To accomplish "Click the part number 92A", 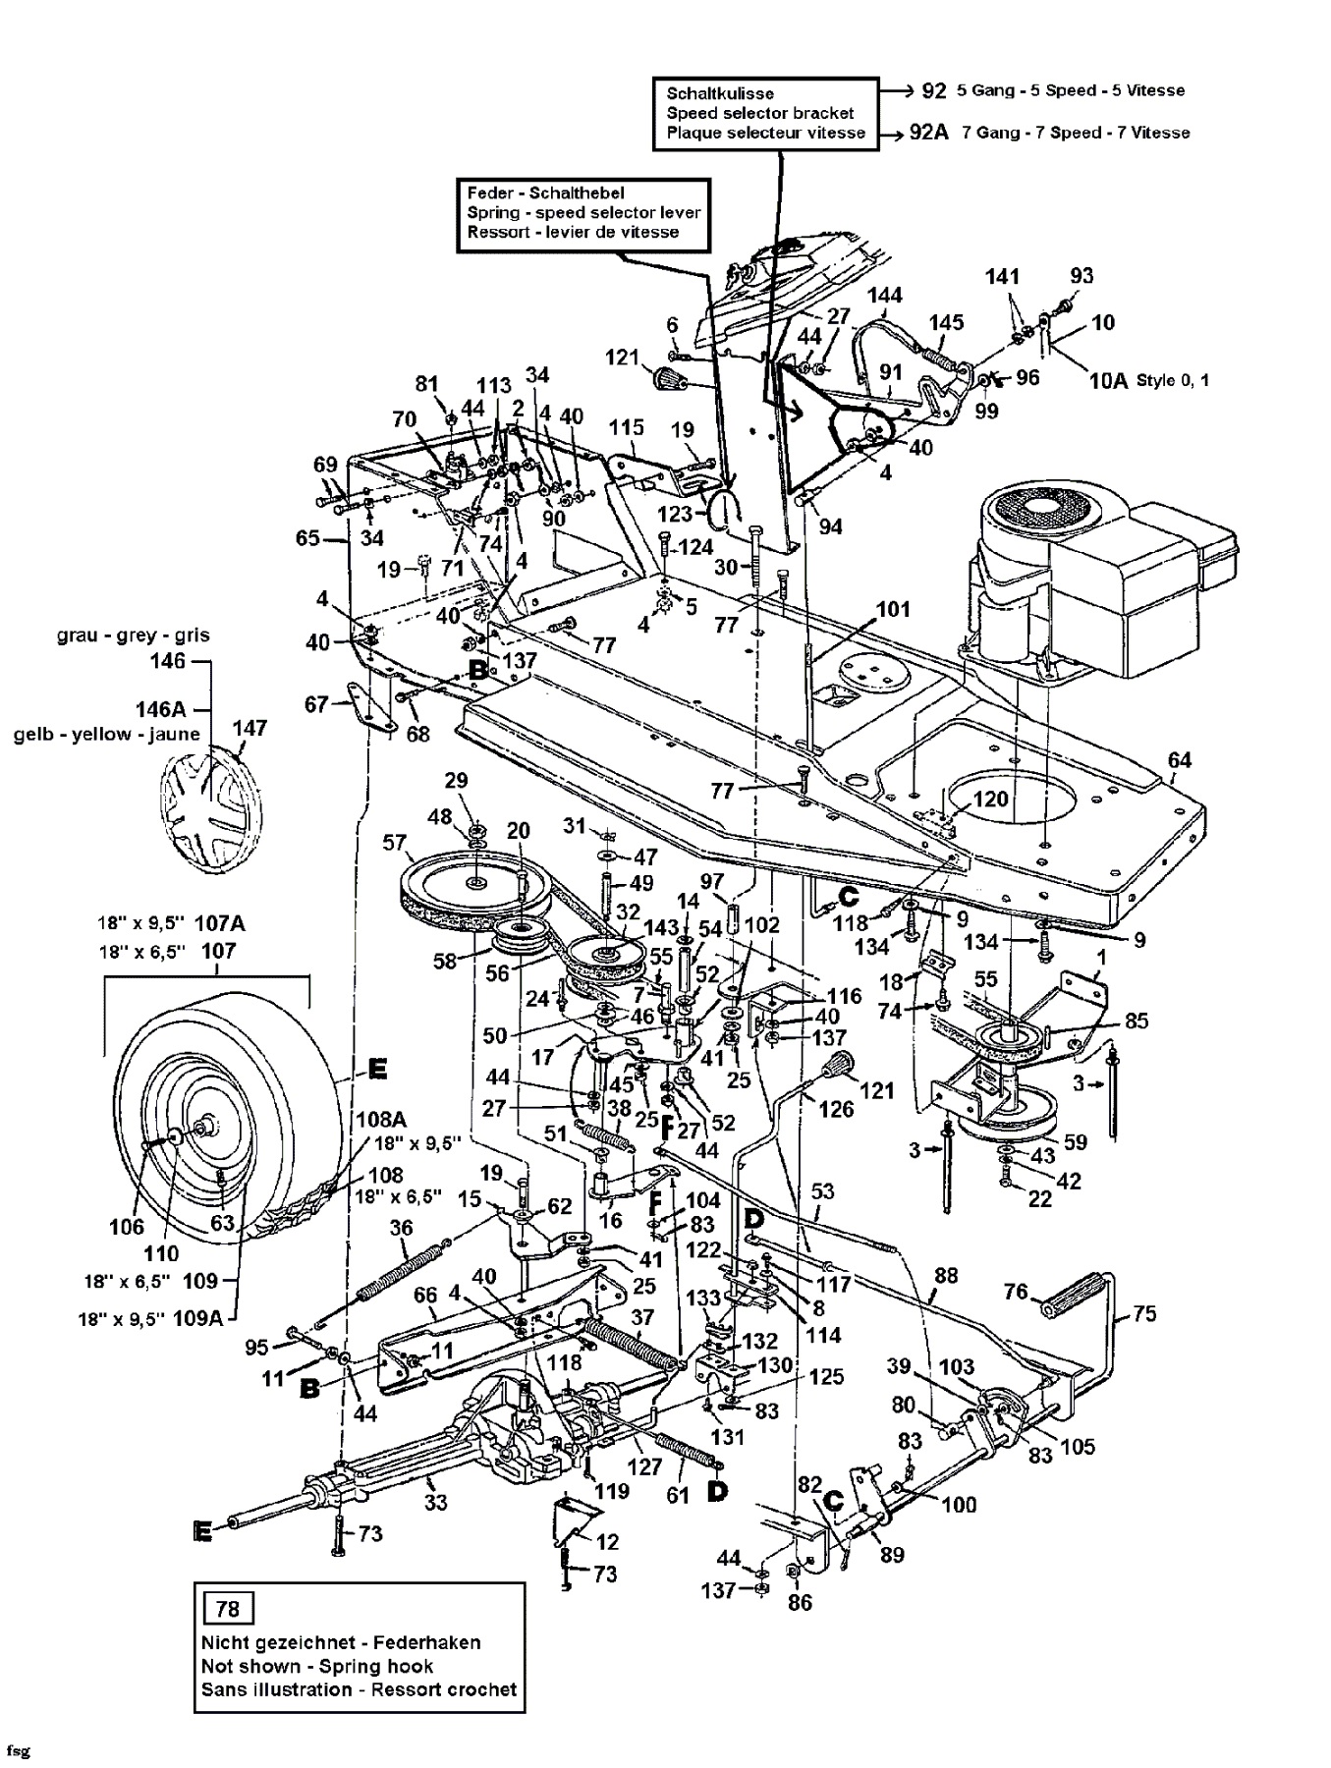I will coord(928,133).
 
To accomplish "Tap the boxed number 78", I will coord(227,1609).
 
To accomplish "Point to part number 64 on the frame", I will coord(1180,759).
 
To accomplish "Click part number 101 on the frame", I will coord(893,609).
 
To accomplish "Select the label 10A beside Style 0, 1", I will coord(1109,380).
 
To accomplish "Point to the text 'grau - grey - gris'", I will coord(133,635).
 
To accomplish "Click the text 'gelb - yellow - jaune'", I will coord(106,734).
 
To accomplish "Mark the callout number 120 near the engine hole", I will coord(990,799).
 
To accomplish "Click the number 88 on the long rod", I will coord(945,1277).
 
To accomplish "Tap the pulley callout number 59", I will coord(1076,1142).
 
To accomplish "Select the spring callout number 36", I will coord(401,1228).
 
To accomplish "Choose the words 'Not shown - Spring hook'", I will coord(316,1666).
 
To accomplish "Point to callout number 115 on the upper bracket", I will coord(626,427).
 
